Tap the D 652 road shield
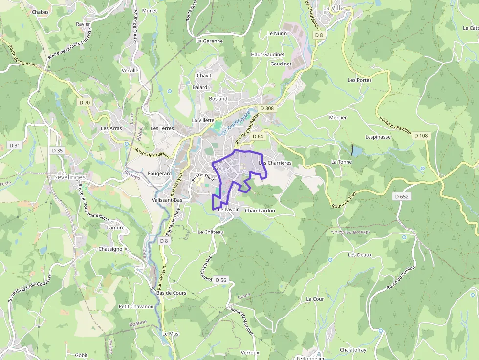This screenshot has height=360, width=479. [401, 196]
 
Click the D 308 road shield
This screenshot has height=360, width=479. [267, 108]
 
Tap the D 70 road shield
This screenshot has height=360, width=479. [85, 102]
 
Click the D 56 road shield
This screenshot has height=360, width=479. [221, 280]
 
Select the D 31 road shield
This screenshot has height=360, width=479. [15, 145]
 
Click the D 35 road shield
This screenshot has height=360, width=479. [57, 150]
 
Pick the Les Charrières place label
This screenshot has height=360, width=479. [276, 163]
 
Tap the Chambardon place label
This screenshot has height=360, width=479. [260, 211]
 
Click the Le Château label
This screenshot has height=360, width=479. [210, 232]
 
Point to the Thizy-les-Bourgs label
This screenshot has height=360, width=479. [351, 232]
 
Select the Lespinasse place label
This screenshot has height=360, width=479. [378, 137]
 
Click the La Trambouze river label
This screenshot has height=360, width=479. [235, 123]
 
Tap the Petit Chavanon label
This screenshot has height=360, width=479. [136, 306]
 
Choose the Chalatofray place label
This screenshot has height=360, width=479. [353, 350]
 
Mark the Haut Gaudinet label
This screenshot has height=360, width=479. [264, 54]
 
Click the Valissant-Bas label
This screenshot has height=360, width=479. [167, 200]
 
